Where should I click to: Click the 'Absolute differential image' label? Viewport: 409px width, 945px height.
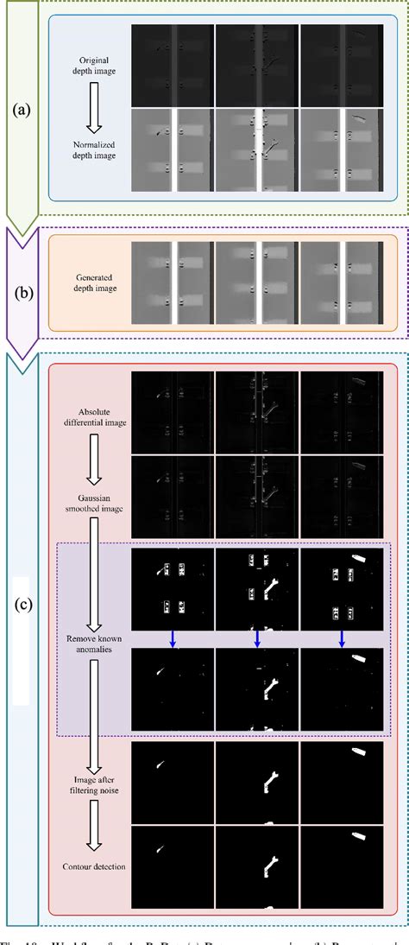[90, 405]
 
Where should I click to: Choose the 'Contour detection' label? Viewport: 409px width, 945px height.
[90, 866]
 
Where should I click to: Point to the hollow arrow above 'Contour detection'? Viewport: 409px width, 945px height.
[90, 829]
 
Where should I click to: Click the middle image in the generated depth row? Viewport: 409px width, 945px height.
[256, 287]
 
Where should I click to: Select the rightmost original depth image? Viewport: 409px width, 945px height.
[342, 65]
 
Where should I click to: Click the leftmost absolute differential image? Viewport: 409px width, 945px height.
[172, 412]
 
